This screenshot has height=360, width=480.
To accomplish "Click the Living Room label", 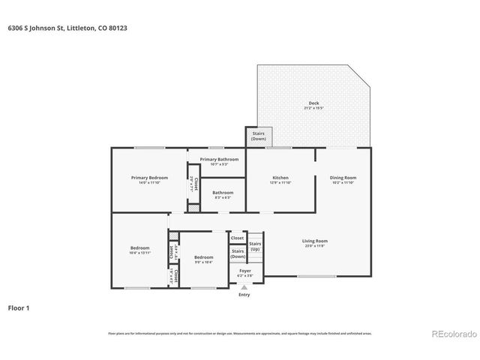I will (314, 242).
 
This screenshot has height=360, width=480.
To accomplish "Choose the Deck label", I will (313, 105).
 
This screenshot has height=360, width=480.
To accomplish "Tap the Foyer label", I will (245, 272).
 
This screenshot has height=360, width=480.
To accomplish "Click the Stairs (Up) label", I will (255, 246).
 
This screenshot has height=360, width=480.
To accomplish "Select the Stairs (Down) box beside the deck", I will (259, 137).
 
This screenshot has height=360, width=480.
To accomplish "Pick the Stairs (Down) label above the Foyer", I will (237, 254).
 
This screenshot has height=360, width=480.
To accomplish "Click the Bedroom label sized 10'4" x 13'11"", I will (140, 250).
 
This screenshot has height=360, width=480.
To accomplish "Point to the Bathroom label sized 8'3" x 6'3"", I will (222, 194).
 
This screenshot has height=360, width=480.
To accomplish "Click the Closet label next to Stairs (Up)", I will (237, 238).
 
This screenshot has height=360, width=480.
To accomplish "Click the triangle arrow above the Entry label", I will (244, 287).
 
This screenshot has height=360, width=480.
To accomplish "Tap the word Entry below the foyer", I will (244, 295).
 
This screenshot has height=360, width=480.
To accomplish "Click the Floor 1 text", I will (18, 307).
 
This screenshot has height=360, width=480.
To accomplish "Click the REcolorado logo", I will (451, 333).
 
